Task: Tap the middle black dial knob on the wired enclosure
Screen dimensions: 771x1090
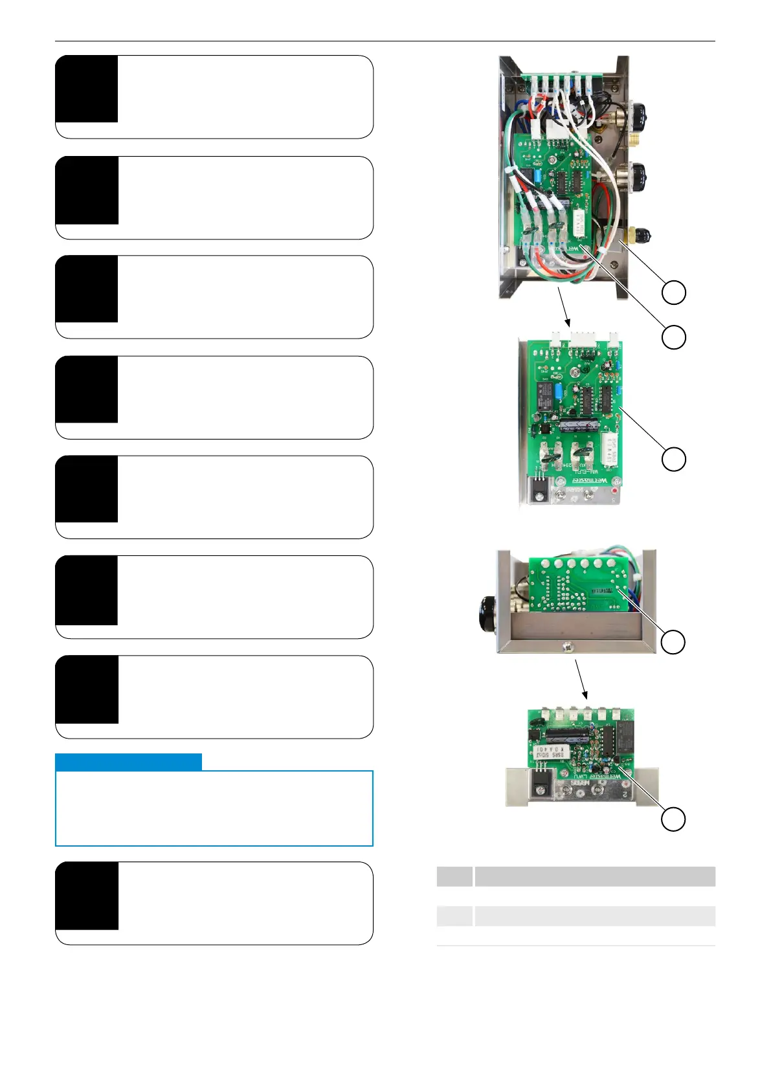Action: coord(640,173)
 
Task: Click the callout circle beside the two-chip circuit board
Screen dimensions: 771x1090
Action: coord(673,459)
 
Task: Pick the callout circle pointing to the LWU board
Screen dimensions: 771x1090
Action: coord(673,819)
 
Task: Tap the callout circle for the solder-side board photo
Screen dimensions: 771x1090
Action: coord(673,641)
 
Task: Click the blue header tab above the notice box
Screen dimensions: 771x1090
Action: coord(128,762)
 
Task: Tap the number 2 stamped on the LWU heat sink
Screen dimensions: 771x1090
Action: coord(624,794)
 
